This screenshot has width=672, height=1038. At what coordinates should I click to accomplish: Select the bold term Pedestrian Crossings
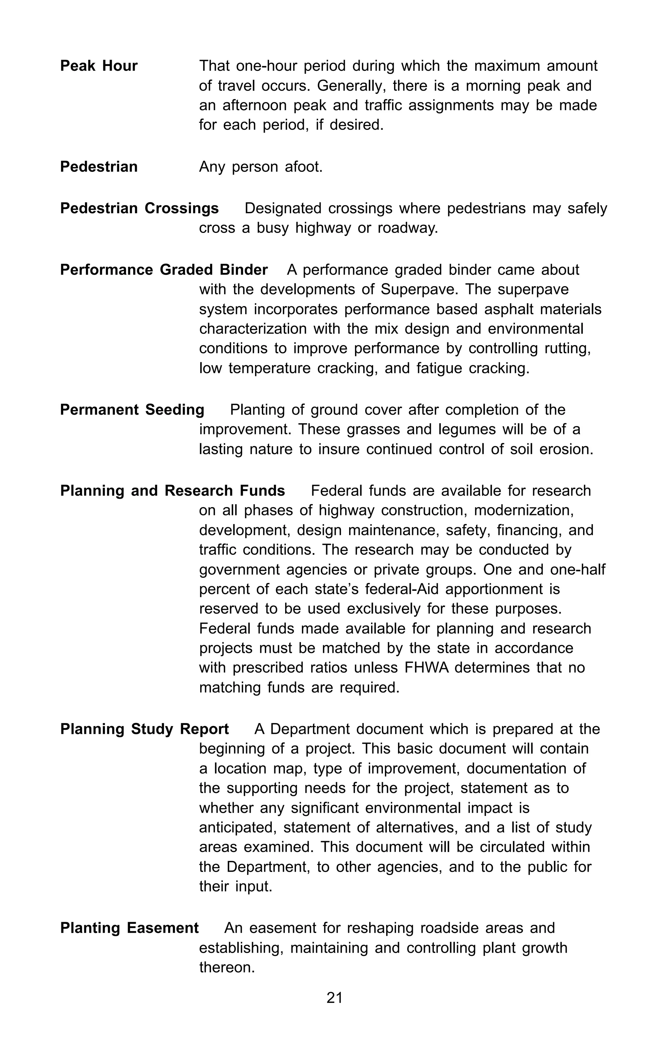point(139,208)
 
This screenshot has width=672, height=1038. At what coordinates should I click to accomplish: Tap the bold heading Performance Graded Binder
point(163,270)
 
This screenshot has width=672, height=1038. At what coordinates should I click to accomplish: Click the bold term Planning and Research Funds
point(172,491)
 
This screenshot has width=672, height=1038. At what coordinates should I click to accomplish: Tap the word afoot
point(304,167)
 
